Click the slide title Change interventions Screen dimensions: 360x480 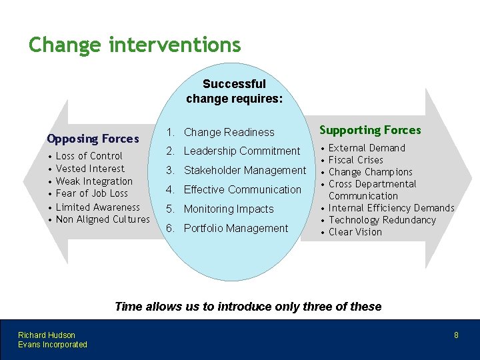point(134,45)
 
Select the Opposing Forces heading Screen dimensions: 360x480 point(93,139)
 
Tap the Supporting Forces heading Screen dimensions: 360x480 point(370,130)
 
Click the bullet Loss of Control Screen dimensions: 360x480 point(89,156)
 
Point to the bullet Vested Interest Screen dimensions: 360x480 point(90,169)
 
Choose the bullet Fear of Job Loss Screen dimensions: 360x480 point(92,194)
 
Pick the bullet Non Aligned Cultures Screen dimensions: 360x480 point(103,219)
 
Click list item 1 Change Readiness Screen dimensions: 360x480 point(229,132)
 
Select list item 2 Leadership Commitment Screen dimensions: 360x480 point(241,151)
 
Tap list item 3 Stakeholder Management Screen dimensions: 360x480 point(245,171)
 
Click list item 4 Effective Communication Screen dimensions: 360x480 point(242,189)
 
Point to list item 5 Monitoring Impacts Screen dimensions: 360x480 point(228,209)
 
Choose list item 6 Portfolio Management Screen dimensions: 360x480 point(235,228)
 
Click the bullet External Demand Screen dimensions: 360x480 point(367,148)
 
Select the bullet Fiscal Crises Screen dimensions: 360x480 point(356,160)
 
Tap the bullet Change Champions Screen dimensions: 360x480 point(371,172)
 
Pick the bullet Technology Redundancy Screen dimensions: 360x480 point(382,220)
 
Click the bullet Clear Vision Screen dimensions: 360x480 point(355,232)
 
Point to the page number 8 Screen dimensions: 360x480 point(456,335)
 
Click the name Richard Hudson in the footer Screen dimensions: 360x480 point(47,335)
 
